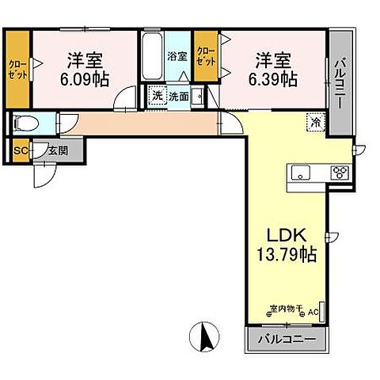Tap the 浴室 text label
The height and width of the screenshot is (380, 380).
coord(177,57)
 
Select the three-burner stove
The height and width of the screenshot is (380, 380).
coord(340,172)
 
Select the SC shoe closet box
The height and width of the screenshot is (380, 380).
coord(18,150)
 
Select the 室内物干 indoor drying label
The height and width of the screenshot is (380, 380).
coord(283,310)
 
